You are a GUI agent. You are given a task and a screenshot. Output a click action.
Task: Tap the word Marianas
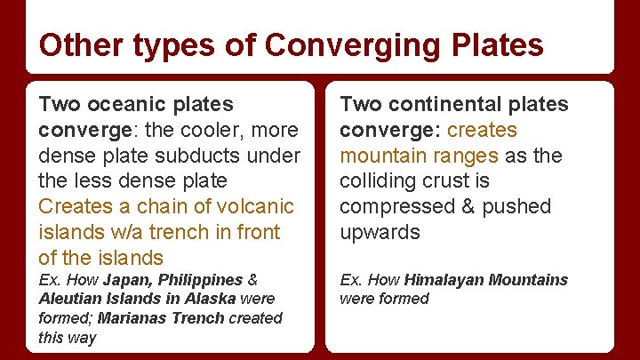click(x=133, y=318)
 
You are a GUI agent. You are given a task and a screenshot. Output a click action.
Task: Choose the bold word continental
click(x=430, y=104)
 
